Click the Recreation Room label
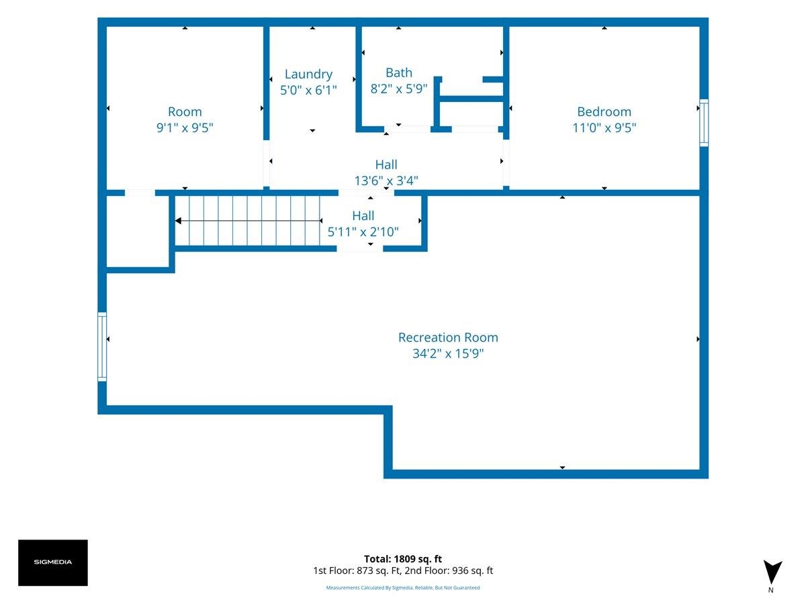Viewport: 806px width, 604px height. tap(448, 338)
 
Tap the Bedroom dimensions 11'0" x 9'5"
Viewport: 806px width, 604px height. tap(604, 128)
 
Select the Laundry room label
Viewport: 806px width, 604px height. tap(308, 74)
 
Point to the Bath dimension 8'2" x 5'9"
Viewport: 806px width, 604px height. tap(399, 89)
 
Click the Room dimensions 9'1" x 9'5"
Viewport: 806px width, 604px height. tap(185, 128)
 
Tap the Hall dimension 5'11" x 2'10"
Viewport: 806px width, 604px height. tap(363, 232)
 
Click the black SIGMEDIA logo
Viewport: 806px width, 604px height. tap(53, 562)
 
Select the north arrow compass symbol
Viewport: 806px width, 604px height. tap(772, 572)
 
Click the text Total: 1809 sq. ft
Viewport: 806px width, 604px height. tap(403, 559)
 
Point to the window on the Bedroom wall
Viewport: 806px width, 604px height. tap(703, 123)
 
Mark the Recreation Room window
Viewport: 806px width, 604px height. tap(102, 346)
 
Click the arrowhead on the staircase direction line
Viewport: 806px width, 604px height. tap(178, 221)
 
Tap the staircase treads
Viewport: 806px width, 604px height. tap(247, 221)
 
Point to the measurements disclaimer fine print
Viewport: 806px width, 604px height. tap(403, 587)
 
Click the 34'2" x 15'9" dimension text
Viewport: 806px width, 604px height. tap(448, 354)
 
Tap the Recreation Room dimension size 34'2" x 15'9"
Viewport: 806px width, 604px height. tap(448, 354)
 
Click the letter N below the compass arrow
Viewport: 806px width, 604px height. tap(771, 590)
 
